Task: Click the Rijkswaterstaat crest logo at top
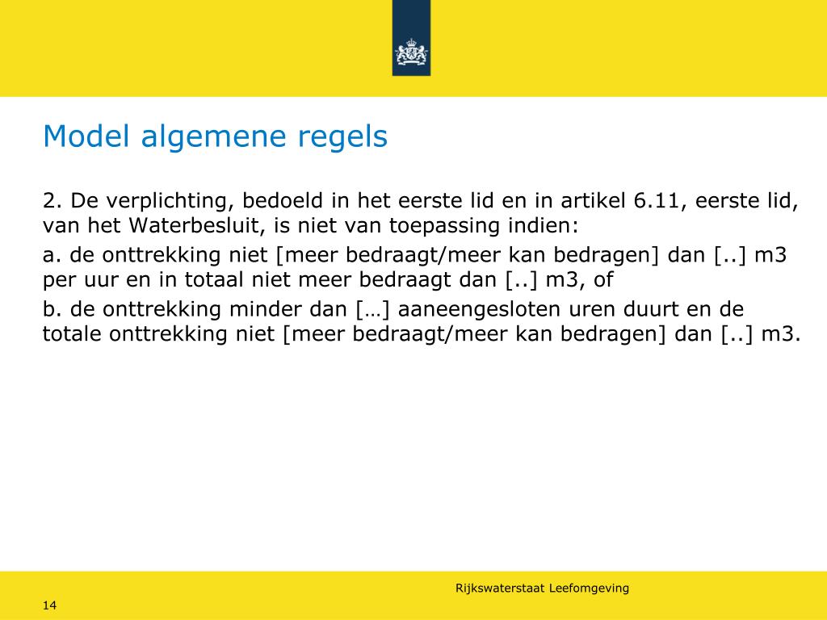click(x=411, y=53)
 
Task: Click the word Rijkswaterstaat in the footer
click(x=500, y=589)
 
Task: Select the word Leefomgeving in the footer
click(x=589, y=589)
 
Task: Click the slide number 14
click(x=49, y=605)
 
